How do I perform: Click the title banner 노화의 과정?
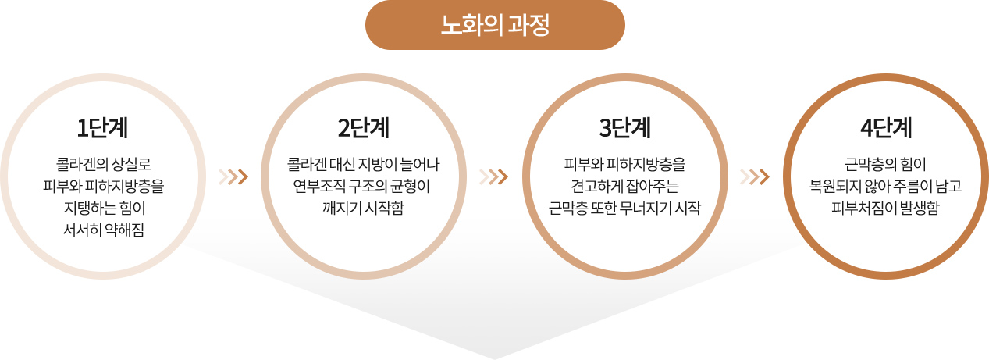point(495,25)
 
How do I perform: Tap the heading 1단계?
point(102,128)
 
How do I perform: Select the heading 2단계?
point(364,128)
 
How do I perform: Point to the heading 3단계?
point(624,128)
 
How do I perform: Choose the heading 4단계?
point(886,128)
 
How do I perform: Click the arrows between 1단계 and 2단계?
point(233,176)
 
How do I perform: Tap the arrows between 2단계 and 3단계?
point(494,176)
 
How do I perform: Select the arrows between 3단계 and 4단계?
point(755,176)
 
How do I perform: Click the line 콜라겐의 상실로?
point(103,164)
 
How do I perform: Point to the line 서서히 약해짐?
point(103,230)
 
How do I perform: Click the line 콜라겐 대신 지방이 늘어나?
point(364,164)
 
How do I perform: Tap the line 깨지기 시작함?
point(364,208)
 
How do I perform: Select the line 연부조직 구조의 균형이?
point(361,186)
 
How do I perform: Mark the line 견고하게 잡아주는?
point(624,186)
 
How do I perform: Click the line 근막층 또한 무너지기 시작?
point(624,208)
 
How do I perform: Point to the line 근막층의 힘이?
point(885,164)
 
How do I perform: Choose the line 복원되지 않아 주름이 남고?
point(885,186)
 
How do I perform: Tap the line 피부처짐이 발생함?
point(885,208)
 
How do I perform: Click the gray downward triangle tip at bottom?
point(495,358)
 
